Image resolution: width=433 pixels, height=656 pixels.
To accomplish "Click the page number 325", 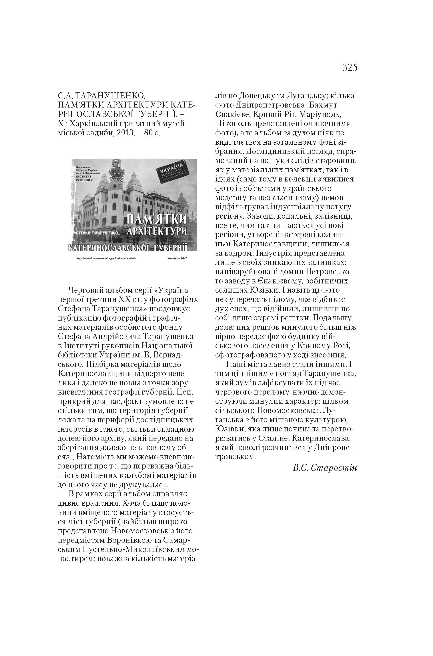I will [350, 67].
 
